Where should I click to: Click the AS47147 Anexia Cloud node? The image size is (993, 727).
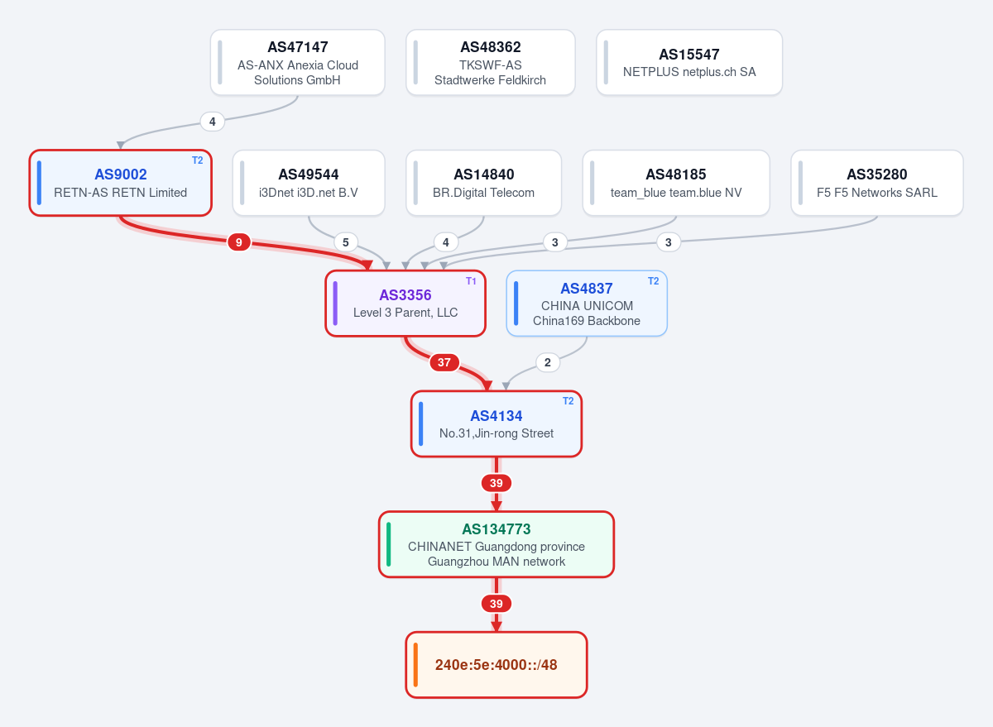point(297,63)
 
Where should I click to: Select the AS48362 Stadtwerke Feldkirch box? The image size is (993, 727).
point(490,63)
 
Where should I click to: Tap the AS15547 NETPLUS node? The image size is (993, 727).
point(689,63)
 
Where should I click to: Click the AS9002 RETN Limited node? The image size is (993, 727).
point(121,183)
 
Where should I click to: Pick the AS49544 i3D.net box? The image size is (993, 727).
point(309,183)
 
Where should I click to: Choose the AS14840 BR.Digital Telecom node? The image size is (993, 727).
point(483,183)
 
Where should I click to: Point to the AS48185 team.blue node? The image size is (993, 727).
point(676,183)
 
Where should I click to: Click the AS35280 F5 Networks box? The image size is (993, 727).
point(877,183)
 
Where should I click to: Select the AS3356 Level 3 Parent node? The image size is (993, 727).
point(405,304)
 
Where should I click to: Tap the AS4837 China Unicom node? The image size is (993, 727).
point(587,304)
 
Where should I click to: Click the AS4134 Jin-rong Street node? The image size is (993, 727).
point(496,424)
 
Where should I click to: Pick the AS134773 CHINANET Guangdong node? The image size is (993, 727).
point(496,544)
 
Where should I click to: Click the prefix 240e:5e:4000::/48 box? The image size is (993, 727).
point(496,665)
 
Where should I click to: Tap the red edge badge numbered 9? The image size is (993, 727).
point(239,242)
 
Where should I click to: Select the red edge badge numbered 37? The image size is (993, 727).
point(444,362)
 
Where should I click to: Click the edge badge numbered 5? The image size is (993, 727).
point(346,242)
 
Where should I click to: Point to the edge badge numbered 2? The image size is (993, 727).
point(548,362)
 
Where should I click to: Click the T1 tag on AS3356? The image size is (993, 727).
point(471,281)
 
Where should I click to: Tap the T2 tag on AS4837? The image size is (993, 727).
point(653,281)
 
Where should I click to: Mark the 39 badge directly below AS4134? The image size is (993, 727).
point(496,483)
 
